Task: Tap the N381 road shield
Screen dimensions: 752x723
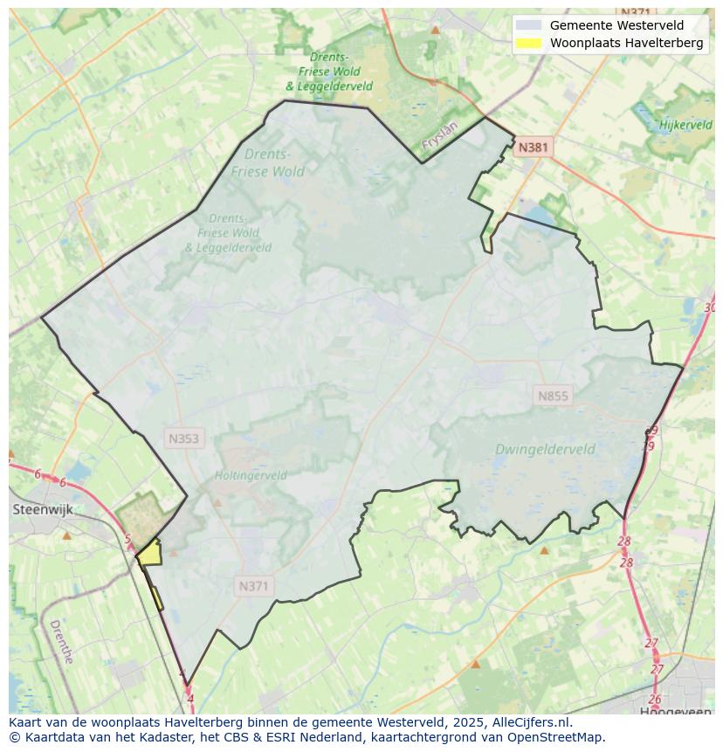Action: pos(533,148)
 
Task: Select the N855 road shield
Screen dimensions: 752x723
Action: pos(553,396)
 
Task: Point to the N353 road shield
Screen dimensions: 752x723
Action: pos(184,438)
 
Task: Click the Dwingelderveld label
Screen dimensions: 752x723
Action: pos(545,450)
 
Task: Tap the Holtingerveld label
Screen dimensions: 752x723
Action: pos(251,476)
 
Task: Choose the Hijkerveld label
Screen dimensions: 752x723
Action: pos(685,125)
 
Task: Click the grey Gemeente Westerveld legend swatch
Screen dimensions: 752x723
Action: pos(528,25)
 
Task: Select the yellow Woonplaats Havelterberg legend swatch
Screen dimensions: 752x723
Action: pos(528,43)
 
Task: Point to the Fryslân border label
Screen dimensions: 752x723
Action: pos(439,138)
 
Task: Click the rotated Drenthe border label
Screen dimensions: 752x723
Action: pos(61,642)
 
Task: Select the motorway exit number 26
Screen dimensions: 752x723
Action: pos(655,699)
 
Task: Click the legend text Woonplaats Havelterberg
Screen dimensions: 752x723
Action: pos(626,43)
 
